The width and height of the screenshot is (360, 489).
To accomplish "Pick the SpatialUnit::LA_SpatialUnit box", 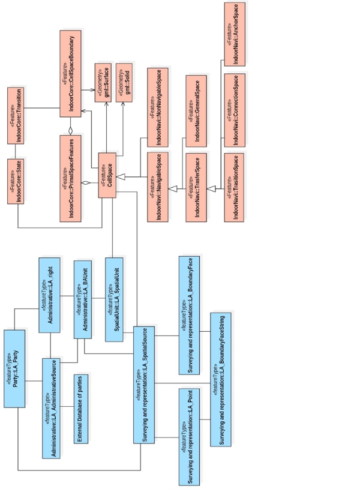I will coord(114,299).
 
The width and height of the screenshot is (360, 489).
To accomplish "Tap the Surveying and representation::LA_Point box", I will coord(189,436).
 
